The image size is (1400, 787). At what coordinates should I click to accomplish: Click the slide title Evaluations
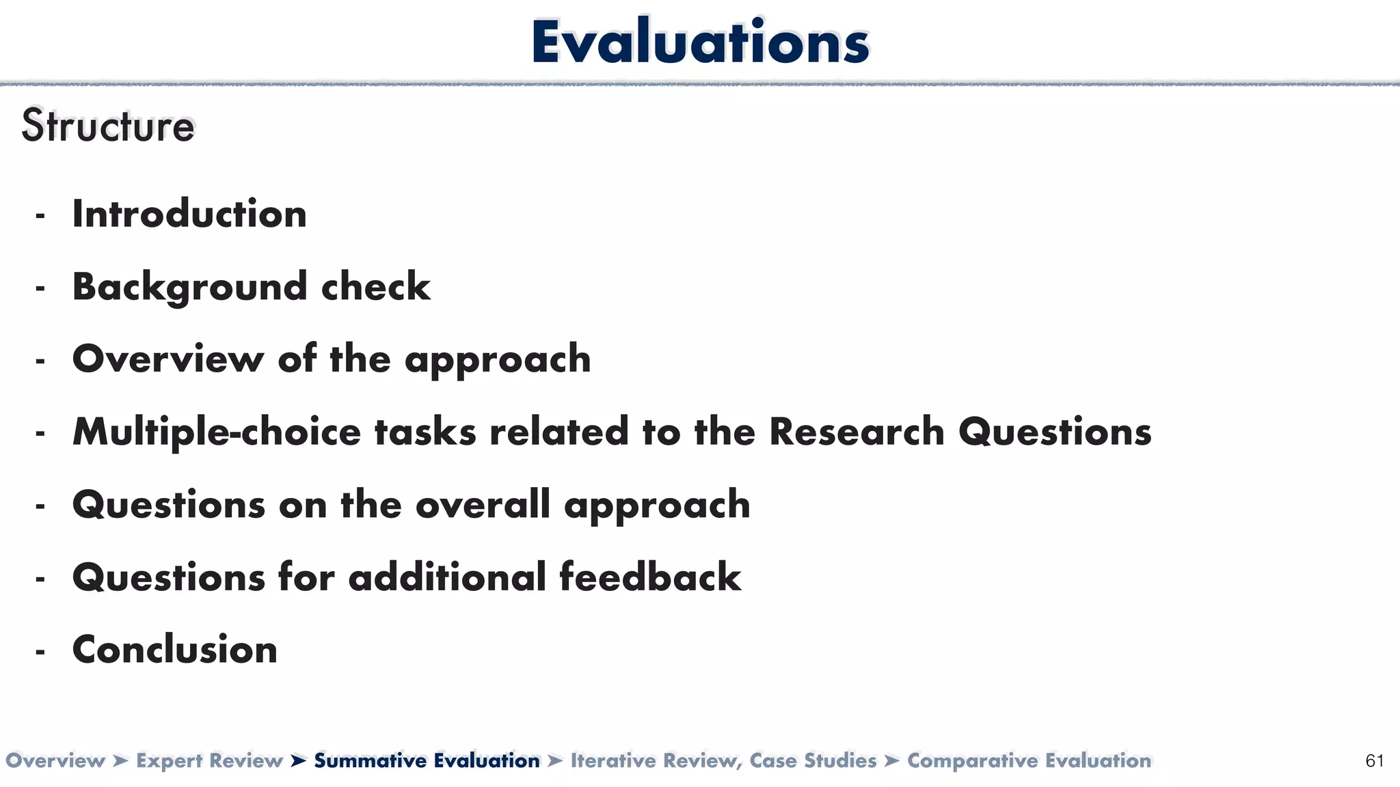click(700, 42)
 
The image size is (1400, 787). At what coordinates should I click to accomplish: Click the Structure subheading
click(108, 126)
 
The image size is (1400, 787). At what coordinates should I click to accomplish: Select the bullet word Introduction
click(189, 214)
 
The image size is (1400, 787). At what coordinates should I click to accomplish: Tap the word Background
click(189, 287)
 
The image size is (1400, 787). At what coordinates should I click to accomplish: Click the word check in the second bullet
click(376, 287)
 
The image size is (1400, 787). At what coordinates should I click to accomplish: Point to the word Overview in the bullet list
click(168, 359)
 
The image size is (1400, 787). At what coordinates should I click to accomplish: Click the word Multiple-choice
click(217, 432)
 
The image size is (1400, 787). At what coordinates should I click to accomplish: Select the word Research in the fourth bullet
click(857, 432)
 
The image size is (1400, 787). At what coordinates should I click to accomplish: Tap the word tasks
click(425, 432)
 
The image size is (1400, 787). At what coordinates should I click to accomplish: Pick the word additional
click(447, 577)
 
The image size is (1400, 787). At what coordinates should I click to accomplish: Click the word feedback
click(650, 577)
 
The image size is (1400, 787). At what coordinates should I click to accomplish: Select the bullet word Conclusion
click(175, 650)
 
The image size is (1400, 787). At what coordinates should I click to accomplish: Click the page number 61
click(1374, 761)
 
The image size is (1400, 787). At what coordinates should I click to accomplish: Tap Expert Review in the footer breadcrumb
click(209, 761)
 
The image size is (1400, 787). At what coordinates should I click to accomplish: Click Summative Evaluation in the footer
click(427, 761)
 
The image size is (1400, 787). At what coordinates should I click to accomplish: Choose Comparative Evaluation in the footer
click(1029, 761)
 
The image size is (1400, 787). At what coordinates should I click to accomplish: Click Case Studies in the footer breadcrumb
click(813, 761)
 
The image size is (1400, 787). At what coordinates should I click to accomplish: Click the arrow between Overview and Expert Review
click(120, 761)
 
